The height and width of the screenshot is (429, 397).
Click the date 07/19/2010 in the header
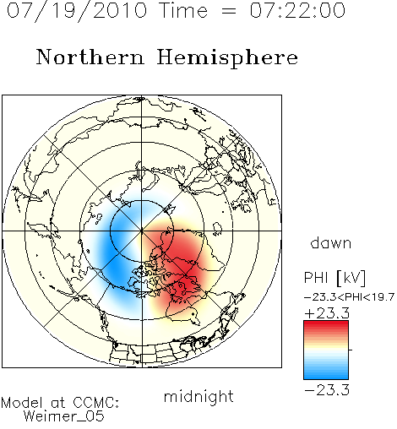[77, 11]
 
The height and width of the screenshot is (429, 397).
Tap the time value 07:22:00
[297, 10]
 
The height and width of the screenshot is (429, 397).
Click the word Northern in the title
[90, 57]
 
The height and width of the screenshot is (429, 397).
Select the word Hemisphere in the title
[227, 58]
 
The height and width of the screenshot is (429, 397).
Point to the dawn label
[331, 243]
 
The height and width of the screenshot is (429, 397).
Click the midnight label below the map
[198, 397]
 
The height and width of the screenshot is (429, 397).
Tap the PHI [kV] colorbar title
[334, 278]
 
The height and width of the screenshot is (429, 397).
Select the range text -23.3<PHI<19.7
[349, 297]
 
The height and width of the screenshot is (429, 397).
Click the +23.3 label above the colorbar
[327, 313]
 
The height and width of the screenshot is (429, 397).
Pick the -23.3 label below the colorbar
[327, 390]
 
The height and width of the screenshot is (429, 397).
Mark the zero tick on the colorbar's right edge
[351, 350]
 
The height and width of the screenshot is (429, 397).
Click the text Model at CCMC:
[60, 403]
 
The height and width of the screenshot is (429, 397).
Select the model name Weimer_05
[63, 416]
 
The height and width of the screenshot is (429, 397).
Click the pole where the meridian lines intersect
[142, 231]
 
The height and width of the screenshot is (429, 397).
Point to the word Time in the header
[183, 10]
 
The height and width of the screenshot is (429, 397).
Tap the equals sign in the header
[229, 11]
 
